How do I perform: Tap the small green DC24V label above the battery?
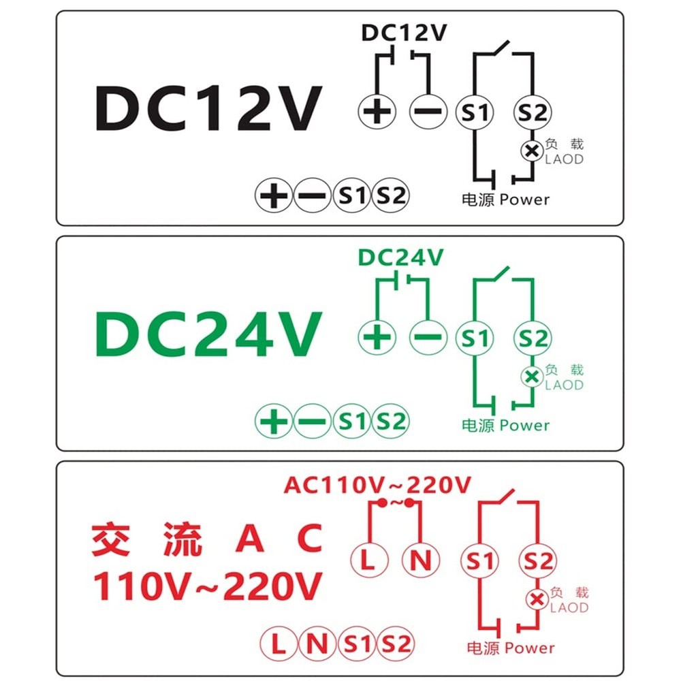click(400, 257)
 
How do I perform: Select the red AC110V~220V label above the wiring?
click(377, 485)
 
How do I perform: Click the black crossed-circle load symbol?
click(532, 151)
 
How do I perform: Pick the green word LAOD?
click(565, 385)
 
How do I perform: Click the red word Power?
click(530, 648)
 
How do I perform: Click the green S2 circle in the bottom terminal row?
click(391, 422)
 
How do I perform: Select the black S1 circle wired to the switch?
click(474, 112)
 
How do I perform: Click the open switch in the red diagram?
click(509, 498)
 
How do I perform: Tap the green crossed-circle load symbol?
click(532, 377)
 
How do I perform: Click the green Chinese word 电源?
click(477, 426)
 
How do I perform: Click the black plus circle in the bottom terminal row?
click(274, 196)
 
